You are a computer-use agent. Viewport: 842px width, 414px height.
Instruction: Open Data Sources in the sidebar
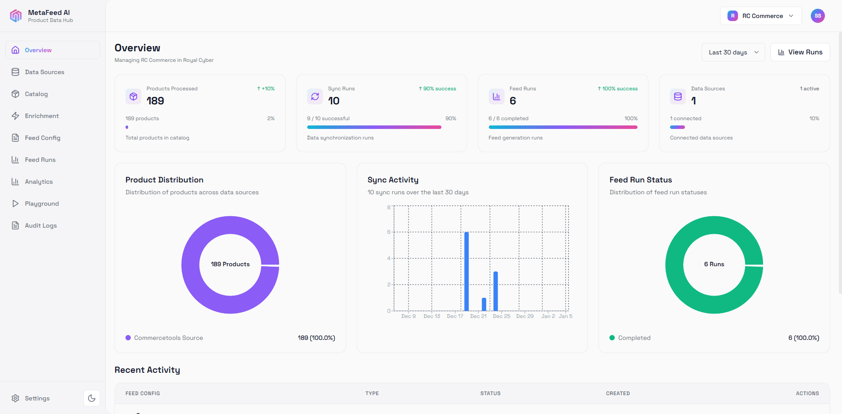(x=44, y=72)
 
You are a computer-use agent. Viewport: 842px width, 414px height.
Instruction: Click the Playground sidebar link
(x=42, y=203)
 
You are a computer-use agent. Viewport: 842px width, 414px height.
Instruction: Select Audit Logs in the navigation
(x=41, y=225)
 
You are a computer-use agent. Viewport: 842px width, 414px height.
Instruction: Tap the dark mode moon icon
(x=92, y=398)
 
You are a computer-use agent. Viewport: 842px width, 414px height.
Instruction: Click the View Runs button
(x=800, y=52)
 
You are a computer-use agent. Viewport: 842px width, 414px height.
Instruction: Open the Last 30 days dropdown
(x=733, y=52)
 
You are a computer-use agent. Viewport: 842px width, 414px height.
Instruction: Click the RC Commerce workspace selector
(x=761, y=16)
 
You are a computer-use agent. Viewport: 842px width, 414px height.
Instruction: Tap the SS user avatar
(x=817, y=16)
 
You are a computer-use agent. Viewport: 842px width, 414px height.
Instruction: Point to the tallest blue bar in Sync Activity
(x=466, y=272)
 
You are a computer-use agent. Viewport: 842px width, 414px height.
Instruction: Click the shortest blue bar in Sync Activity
(x=484, y=304)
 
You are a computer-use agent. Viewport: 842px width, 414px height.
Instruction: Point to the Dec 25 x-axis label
(x=502, y=316)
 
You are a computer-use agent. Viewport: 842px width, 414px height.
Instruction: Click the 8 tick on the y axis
(x=389, y=207)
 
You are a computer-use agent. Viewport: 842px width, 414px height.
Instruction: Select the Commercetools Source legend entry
(x=168, y=338)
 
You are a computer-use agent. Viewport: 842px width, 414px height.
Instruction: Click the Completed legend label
(x=634, y=338)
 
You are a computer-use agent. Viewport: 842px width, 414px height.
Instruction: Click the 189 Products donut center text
(x=230, y=264)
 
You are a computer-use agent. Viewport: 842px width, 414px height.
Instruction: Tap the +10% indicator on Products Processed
(x=266, y=89)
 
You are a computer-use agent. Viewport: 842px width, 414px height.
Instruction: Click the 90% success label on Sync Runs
(x=437, y=89)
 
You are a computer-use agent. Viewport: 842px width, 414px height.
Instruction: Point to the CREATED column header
(x=618, y=393)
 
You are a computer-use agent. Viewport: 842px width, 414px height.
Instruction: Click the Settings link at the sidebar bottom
(x=37, y=398)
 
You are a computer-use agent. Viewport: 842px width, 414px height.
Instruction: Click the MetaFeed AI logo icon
(x=16, y=16)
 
